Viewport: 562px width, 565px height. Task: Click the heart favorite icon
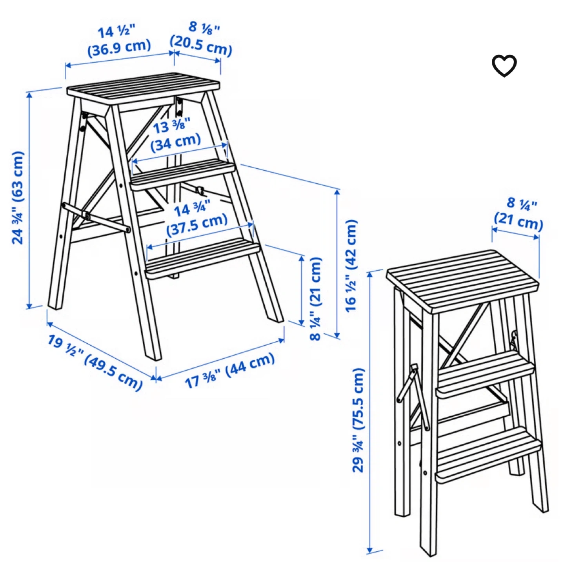(x=504, y=66)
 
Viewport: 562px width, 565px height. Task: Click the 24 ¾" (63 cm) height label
(x=17, y=198)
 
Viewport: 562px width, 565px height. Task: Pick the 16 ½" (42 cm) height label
(x=351, y=266)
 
